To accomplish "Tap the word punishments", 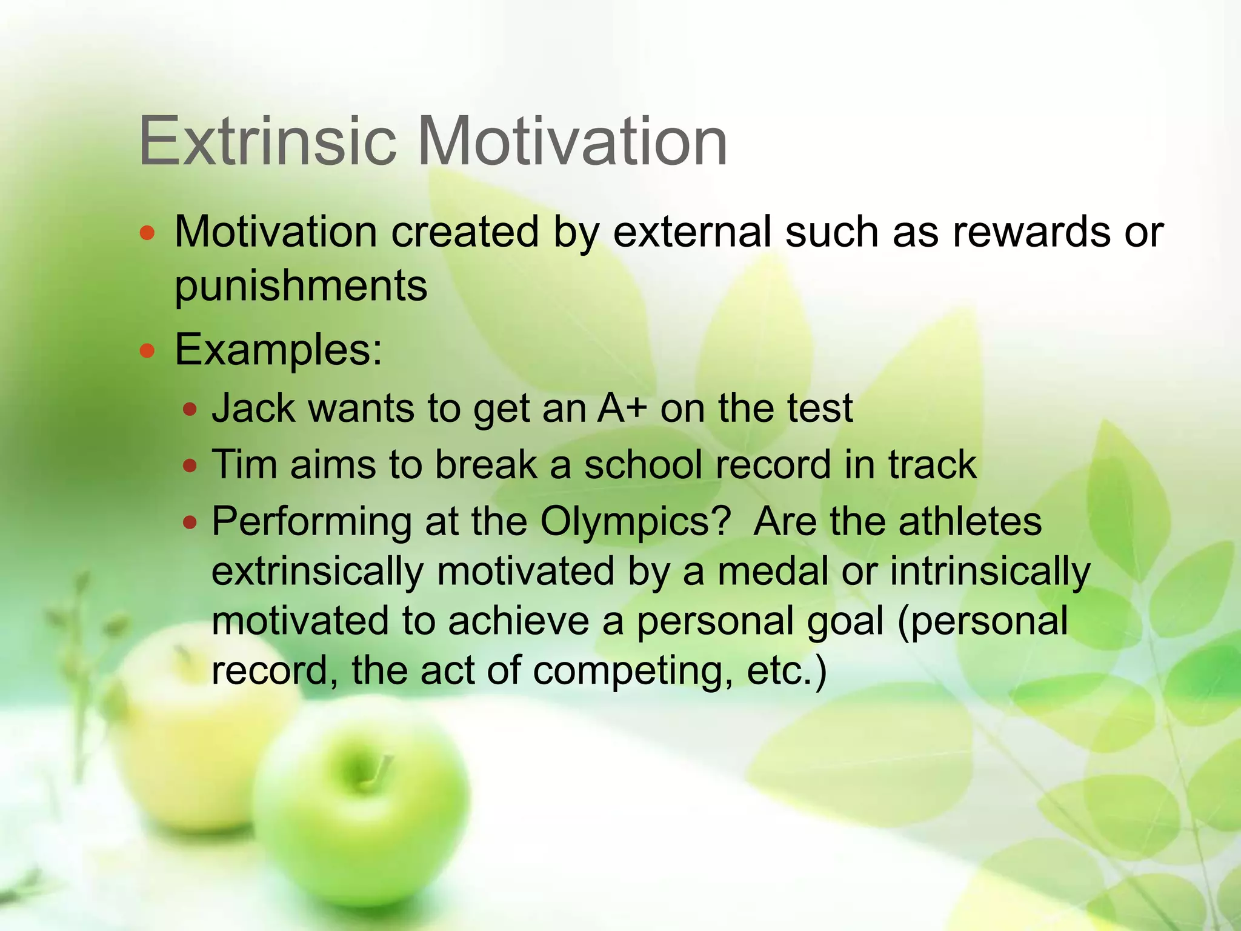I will point(301,286).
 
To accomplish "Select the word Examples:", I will point(278,350).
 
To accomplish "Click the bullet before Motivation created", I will point(147,233).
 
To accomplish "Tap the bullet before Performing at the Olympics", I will point(190,522).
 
